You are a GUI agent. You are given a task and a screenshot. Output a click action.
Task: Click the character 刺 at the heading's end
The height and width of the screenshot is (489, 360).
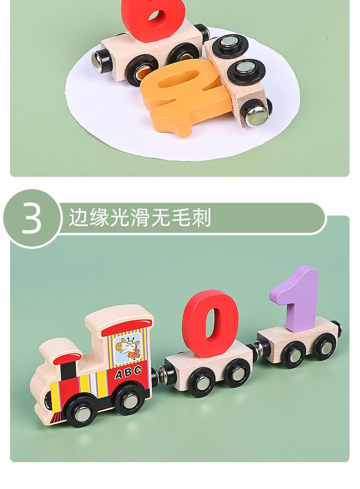(x=201, y=217)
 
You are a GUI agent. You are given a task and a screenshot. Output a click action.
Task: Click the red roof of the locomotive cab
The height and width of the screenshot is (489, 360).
(x=127, y=327)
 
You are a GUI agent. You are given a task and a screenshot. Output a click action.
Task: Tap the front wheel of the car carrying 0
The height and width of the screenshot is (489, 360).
(x=201, y=382)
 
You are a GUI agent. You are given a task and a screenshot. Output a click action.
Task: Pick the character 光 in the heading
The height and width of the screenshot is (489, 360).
(x=119, y=217)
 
